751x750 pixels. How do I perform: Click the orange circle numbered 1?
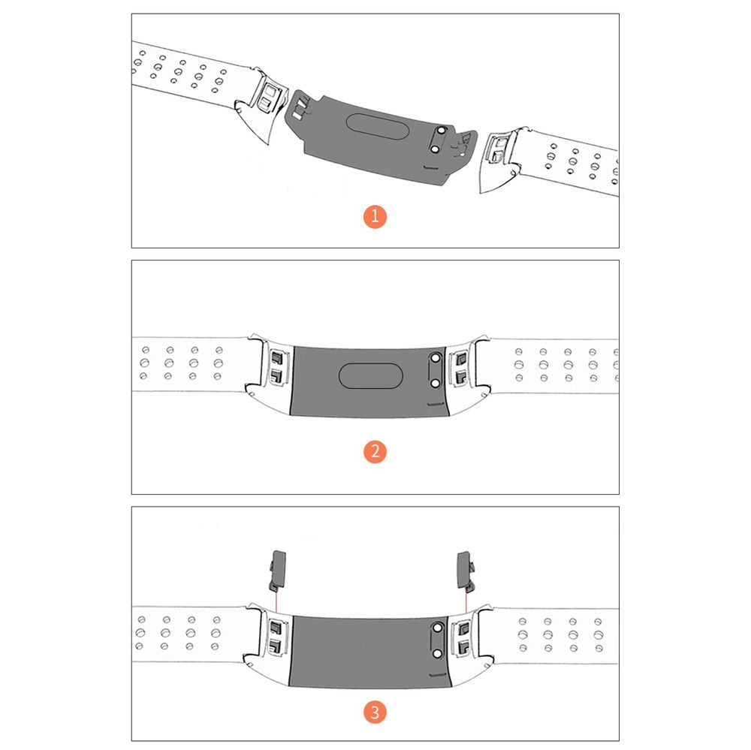(x=375, y=216)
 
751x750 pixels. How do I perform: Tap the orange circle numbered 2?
(x=375, y=452)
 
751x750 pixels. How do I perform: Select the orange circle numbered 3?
(x=375, y=712)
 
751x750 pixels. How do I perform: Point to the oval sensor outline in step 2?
(x=370, y=375)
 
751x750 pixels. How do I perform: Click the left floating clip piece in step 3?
(x=277, y=571)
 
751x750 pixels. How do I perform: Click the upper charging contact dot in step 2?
(x=436, y=358)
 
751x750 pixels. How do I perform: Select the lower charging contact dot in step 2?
(x=436, y=384)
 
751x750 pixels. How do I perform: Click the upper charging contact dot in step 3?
(x=437, y=628)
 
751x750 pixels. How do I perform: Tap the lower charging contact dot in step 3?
(x=437, y=654)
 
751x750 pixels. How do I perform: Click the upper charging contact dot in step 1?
(x=442, y=131)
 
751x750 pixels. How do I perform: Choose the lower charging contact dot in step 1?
(x=434, y=149)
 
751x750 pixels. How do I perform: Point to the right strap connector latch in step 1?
(x=497, y=148)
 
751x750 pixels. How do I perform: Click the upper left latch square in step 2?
(x=277, y=358)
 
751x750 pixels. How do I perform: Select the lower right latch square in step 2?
(x=460, y=376)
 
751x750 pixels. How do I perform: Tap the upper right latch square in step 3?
(x=463, y=628)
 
